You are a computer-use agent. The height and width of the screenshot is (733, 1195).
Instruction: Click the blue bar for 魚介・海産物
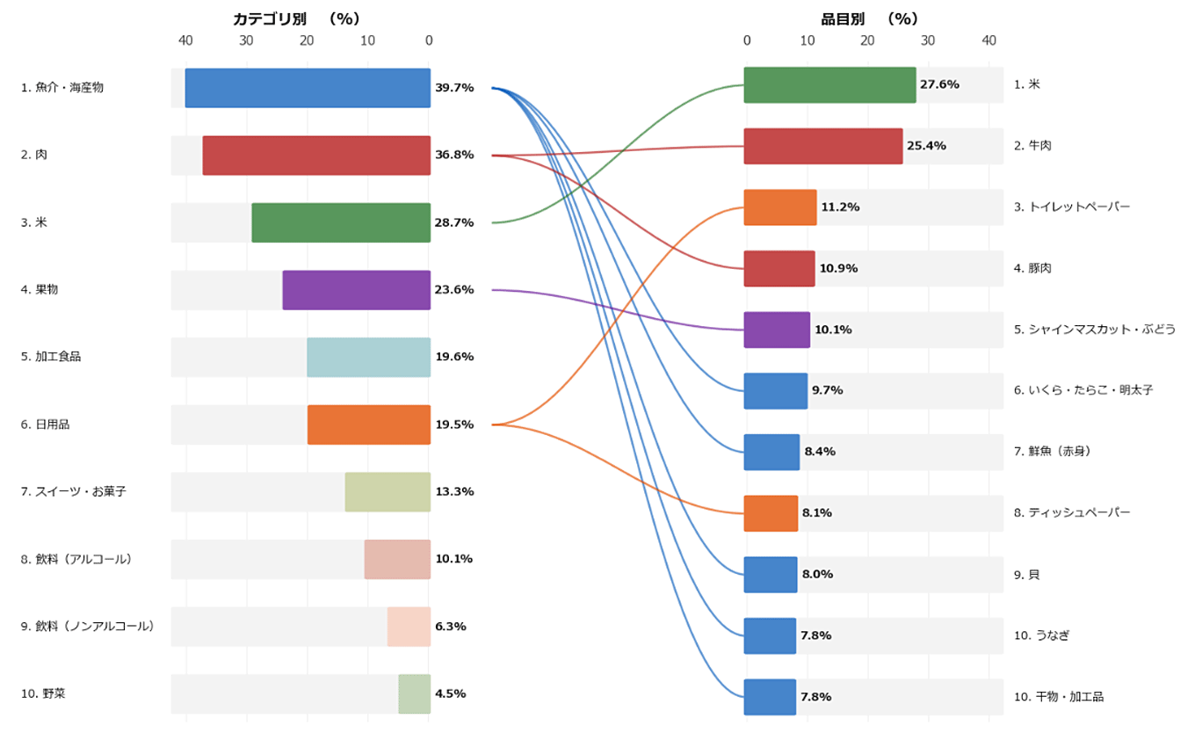click(x=308, y=88)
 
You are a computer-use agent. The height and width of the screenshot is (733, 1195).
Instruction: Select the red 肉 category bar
click(x=316, y=155)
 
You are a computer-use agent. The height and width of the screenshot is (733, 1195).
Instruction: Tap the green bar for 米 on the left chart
click(x=341, y=222)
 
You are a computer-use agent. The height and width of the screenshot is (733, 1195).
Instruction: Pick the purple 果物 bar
click(x=356, y=290)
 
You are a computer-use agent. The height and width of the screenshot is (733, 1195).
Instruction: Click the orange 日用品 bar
click(x=368, y=425)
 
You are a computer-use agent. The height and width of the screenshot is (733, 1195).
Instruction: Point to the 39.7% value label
click(x=454, y=88)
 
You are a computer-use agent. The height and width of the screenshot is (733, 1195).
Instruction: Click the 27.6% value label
click(x=939, y=84)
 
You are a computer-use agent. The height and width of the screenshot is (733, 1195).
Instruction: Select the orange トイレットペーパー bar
click(x=779, y=207)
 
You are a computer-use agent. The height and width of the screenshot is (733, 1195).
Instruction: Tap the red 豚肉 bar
click(x=779, y=268)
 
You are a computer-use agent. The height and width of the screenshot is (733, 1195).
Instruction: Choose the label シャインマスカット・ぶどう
click(x=1094, y=330)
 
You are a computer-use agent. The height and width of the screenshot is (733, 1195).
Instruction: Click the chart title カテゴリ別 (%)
click(x=296, y=18)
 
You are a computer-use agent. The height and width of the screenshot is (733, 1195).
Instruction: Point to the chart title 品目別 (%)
click(x=869, y=18)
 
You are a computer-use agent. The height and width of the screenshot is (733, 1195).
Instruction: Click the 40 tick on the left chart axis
click(x=185, y=40)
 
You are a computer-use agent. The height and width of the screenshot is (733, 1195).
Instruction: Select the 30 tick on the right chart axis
click(x=928, y=40)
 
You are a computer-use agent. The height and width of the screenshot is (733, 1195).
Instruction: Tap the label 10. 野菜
click(x=43, y=693)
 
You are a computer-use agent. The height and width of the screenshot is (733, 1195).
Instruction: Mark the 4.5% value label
click(x=451, y=693)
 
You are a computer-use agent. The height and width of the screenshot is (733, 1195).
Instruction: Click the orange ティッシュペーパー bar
click(x=771, y=513)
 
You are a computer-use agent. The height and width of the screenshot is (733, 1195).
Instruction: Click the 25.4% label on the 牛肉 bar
click(x=926, y=146)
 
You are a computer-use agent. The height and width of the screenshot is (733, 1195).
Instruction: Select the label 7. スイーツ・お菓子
click(x=74, y=491)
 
